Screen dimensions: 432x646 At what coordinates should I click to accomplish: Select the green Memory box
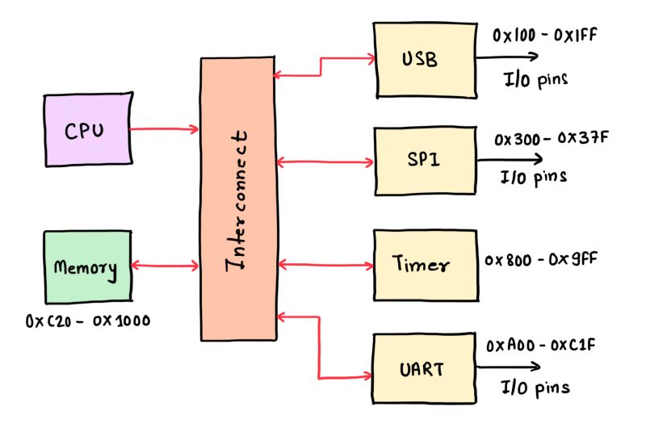(87, 267)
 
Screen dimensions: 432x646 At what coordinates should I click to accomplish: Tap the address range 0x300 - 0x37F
(552, 138)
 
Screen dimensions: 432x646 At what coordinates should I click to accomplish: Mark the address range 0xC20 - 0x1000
(87, 321)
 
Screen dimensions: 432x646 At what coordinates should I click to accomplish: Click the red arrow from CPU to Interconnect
(164, 128)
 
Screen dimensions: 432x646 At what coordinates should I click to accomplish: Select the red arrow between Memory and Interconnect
(165, 265)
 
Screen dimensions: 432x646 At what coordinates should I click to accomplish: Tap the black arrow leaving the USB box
(507, 57)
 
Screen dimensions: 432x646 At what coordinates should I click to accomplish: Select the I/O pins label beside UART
(535, 387)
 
